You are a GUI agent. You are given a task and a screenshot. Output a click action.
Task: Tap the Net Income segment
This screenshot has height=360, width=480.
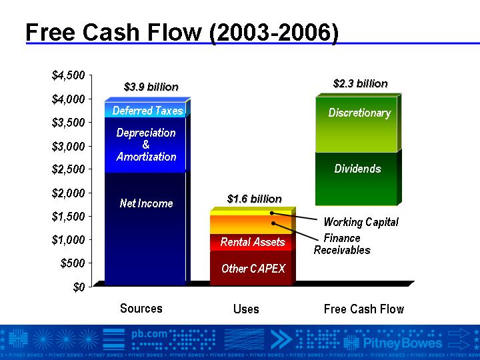click(x=145, y=229)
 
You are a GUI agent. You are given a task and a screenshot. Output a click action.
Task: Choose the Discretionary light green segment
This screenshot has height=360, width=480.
click(x=356, y=125)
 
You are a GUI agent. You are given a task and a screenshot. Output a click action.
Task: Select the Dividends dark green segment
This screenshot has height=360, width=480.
click(x=356, y=179)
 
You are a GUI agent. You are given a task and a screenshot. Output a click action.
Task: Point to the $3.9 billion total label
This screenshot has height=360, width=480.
click(x=151, y=87)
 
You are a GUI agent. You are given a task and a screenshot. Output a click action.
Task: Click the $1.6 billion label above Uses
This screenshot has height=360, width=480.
click(x=255, y=199)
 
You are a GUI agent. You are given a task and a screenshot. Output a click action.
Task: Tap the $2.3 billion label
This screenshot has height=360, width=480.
click(x=360, y=83)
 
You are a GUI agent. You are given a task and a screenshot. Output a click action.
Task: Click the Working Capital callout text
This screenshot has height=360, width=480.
click(x=361, y=222)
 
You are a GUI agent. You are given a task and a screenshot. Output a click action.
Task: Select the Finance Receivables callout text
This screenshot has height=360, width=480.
click(x=342, y=244)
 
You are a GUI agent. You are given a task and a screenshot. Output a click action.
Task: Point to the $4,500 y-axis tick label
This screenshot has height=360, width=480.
click(x=68, y=75)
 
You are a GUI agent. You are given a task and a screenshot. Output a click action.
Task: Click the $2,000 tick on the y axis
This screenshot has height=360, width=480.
click(x=68, y=193)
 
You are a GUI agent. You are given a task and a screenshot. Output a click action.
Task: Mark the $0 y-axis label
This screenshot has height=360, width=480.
click(x=79, y=287)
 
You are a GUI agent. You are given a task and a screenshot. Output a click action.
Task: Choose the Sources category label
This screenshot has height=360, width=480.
click(x=141, y=308)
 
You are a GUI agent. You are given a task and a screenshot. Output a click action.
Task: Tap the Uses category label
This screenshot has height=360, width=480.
click(x=246, y=309)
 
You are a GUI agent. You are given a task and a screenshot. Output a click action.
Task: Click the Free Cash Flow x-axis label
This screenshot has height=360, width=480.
click(x=364, y=309)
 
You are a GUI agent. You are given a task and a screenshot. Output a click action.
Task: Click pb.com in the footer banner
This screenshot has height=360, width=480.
click(x=149, y=334)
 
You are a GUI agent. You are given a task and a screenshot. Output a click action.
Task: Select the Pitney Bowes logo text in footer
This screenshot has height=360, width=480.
click(x=403, y=343)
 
